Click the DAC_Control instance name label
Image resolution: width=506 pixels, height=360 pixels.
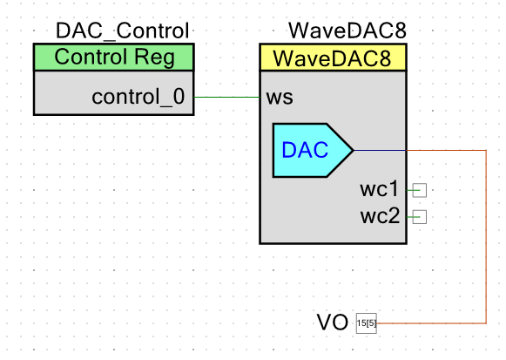coord(122,31)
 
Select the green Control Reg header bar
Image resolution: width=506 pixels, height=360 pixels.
coord(113,58)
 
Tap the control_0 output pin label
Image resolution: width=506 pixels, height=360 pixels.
coord(138,97)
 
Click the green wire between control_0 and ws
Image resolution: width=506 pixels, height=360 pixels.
coord(226,97)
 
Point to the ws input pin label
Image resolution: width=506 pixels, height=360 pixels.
coord(280,97)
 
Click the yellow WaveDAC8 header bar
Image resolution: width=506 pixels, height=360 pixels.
coord(333,58)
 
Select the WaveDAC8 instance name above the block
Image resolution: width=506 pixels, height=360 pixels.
coord(347,31)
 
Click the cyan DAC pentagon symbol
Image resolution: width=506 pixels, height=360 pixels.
coord(313,150)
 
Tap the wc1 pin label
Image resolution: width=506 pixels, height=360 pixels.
coord(379,189)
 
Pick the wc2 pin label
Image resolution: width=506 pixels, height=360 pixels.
coord(380,216)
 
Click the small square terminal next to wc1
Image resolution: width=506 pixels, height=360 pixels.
coord(420,190)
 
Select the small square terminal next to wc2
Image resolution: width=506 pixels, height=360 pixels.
coord(420,217)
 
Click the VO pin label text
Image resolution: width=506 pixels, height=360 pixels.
coord(333,323)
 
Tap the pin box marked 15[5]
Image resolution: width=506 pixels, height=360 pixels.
coord(367,323)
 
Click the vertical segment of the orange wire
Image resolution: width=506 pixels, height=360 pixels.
coord(486,236)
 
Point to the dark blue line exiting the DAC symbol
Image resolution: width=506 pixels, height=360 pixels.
coord(380,150)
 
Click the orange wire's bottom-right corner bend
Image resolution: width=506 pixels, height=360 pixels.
coord(486,323)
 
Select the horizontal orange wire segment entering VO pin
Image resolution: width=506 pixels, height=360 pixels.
coord(431,323)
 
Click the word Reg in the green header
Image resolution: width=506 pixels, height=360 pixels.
coord(154,58)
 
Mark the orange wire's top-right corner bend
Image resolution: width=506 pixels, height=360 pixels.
coord(486,150)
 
